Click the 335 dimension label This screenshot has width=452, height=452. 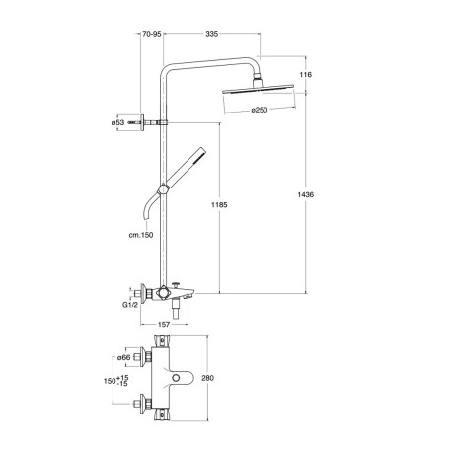click(x=211, y=35)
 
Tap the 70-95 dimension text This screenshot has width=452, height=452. click(x=151, y=35)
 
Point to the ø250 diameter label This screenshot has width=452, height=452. click(x=260, y=110)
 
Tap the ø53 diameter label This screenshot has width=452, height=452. click(x=117, y=122)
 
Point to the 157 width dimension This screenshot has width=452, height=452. click(x=166, y=324)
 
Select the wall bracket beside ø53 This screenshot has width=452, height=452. click(x=142, y=122)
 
